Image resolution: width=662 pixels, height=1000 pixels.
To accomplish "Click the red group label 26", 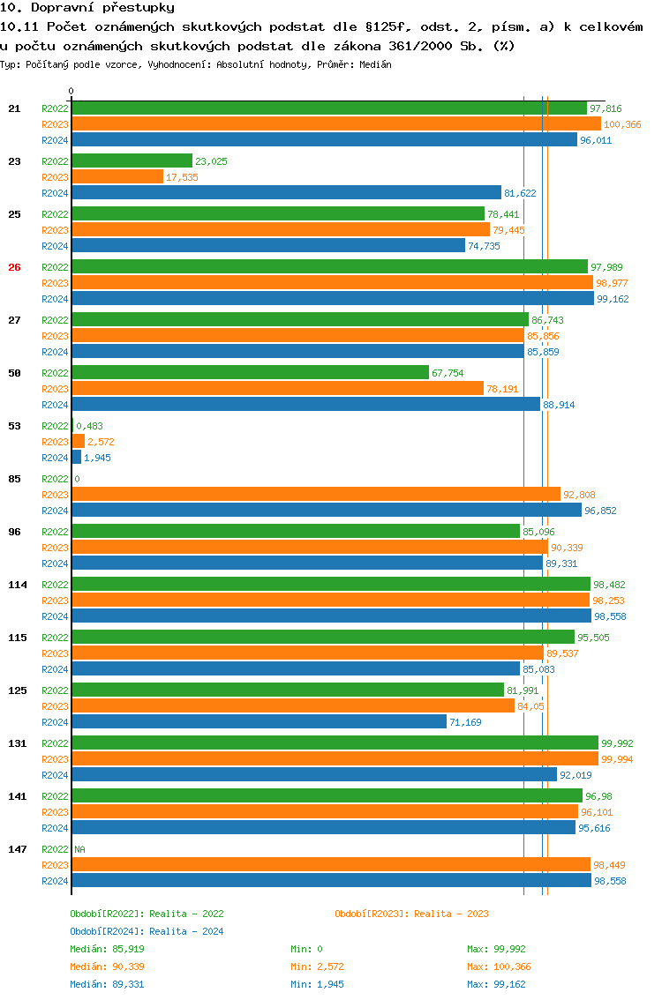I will coord(14,267).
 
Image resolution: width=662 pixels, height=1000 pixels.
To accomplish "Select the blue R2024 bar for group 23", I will coord(286,193).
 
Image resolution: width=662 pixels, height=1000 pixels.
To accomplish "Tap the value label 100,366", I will coord(622,124).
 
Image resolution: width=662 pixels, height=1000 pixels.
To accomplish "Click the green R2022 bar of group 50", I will coord(250,373).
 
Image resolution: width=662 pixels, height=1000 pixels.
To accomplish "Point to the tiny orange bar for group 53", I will coord(79,442).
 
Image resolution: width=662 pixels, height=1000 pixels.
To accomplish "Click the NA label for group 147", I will coord(79,849).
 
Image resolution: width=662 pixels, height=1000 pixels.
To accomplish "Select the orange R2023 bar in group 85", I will coord(315,495).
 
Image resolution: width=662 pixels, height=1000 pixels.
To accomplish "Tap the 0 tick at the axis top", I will coord(71,91).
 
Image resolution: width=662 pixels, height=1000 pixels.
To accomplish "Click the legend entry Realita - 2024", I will coord(147,931).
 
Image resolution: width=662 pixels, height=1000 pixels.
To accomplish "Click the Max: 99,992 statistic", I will coord(496,949).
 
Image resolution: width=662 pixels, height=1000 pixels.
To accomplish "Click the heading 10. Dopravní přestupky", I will coord(75,8).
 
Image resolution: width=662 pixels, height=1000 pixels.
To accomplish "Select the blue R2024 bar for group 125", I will coord(259,722).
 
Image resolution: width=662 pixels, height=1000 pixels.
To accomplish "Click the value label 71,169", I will coord(466,722).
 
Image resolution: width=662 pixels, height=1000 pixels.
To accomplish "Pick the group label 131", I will coord(17,743).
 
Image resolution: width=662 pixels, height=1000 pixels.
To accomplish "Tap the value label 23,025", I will coord(211,161).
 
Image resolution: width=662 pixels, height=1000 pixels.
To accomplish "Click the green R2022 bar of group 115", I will coord(322,638).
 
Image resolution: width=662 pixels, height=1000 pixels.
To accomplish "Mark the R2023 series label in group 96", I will coord(55,548).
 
